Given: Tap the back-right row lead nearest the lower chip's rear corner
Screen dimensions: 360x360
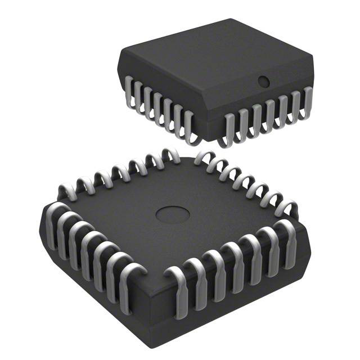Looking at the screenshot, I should click(x=201, y=158).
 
